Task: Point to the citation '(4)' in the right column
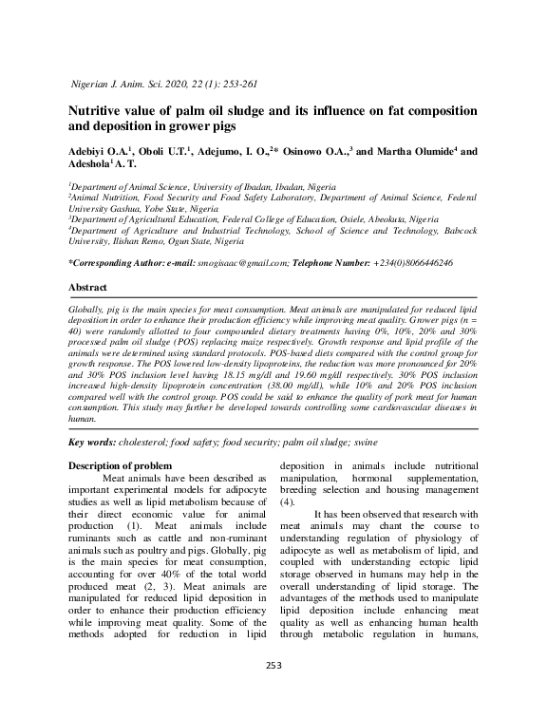287,501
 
